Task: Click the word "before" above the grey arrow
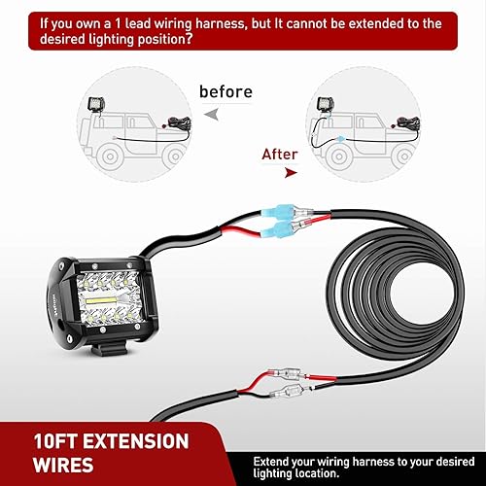(226, 91)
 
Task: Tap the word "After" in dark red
(279, 153)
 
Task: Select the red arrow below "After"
(288, 171)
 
